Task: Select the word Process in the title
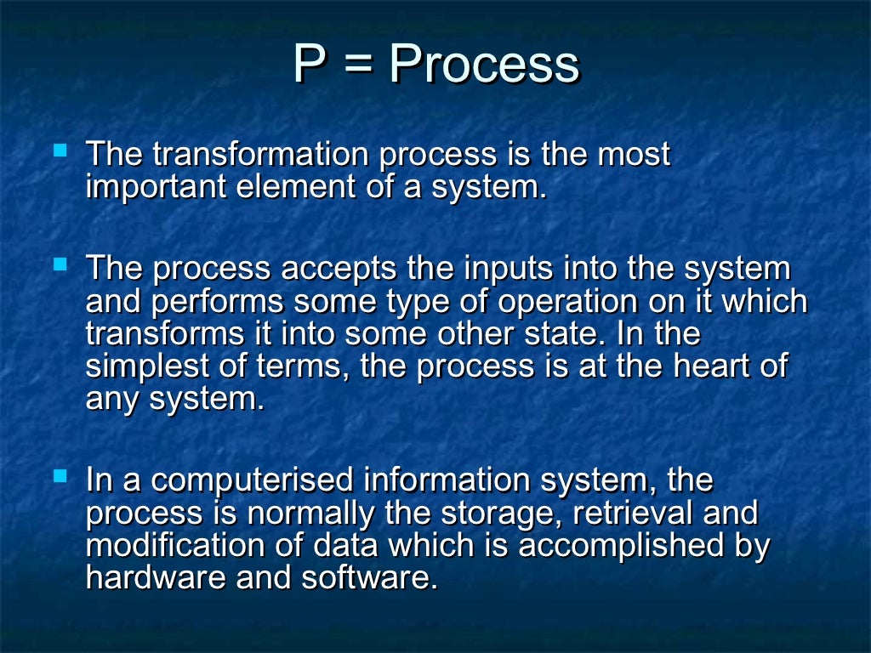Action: click(x=484, y=65)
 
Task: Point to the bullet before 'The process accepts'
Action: click(x=60, y=265)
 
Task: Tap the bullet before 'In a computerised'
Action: click(x=60, y=478)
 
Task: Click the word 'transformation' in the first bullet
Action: click(x=262, y=155)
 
